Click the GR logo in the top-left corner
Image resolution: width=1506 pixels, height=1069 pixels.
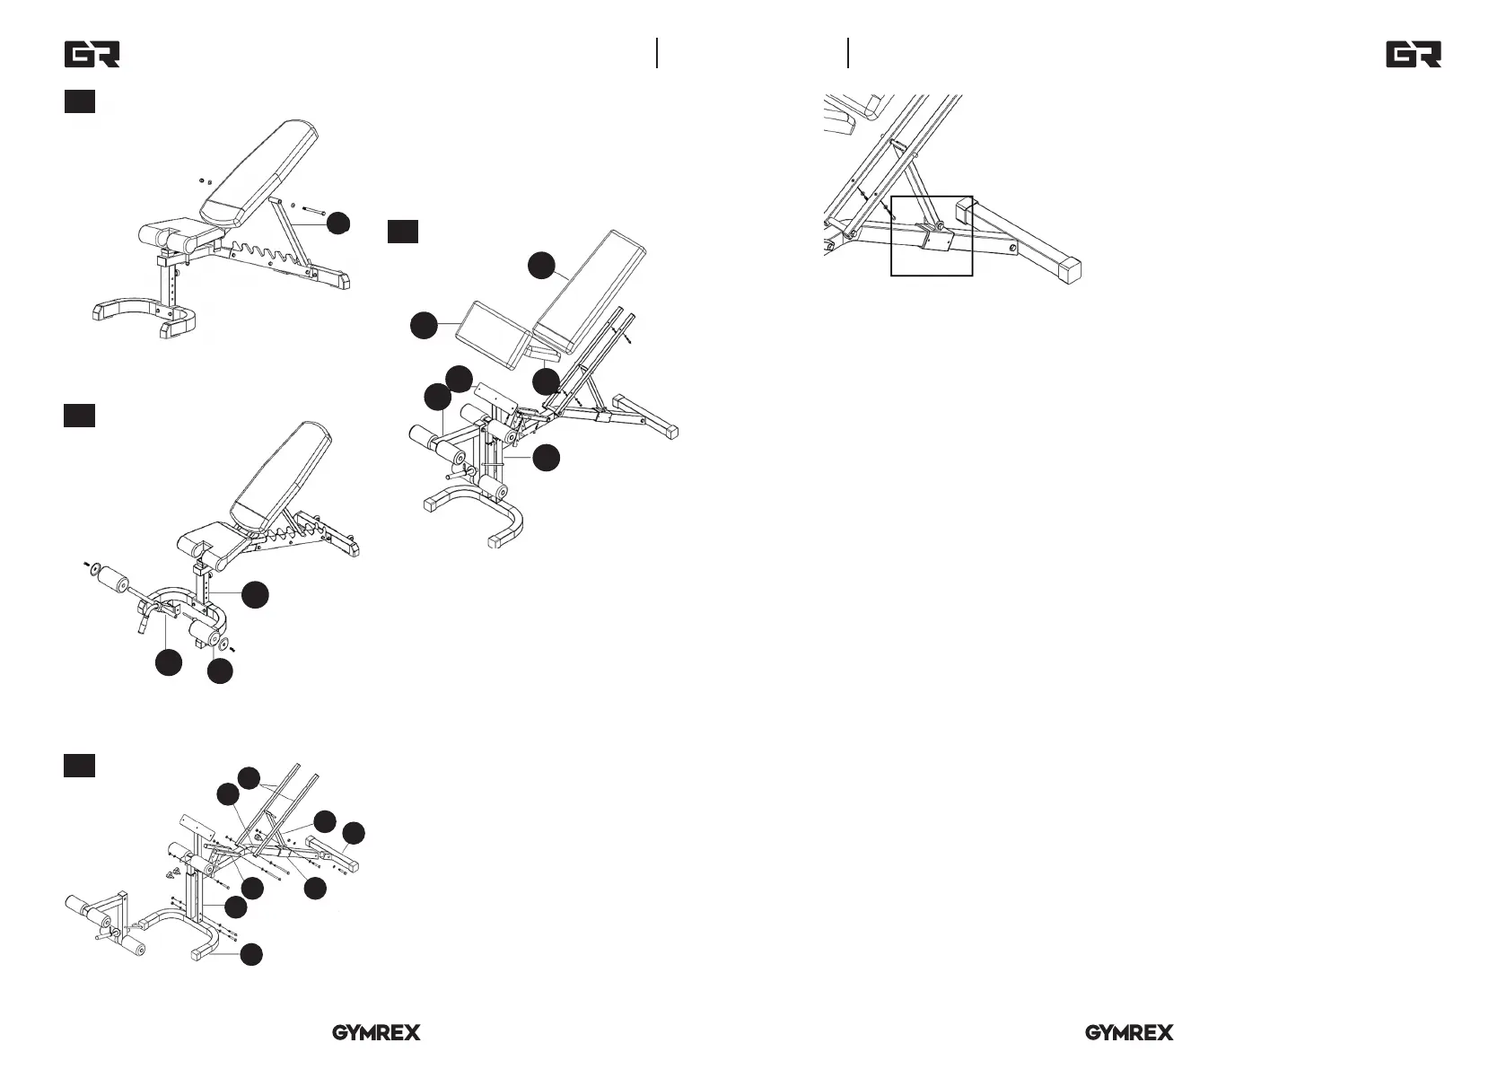(x=92, y=55)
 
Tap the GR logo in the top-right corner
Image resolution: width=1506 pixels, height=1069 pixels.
(x=1414, y=55)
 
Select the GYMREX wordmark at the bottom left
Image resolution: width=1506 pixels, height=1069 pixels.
(x=377, y=1033)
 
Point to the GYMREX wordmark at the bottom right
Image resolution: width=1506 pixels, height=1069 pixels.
(x=1129, y=1033)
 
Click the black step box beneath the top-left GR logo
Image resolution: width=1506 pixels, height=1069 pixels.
(x=80, y=101)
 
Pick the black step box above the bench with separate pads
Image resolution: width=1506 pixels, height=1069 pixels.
(x=403, y=232)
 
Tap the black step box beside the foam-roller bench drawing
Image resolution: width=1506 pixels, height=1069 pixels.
(x=79, y=416)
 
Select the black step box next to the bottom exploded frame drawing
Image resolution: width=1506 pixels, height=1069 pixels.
(x=79, y=765)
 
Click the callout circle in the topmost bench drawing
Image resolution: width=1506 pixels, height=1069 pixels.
(x=338, y=223)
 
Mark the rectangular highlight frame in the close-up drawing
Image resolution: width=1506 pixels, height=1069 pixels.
(x=932, y=236)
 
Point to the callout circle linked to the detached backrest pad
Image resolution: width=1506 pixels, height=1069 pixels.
(x=541, y=266)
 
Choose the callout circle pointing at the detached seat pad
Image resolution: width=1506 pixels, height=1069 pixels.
(x=424, y=326)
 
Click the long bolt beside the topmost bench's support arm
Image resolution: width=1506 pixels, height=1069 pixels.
(x=314, y=210)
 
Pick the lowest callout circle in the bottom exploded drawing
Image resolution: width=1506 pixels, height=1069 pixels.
(x=251, y=955)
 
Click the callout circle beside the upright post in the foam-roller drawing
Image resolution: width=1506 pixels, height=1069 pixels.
(x=255, y=595)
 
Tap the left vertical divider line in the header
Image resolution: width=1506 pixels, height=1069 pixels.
(x=657, y=53)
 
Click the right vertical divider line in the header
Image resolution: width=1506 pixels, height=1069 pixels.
(x=848, y=53)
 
